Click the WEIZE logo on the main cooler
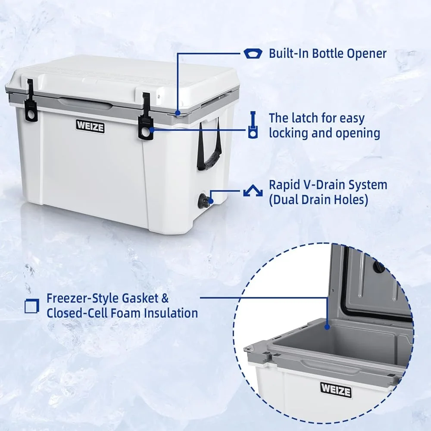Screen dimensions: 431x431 point(90,126)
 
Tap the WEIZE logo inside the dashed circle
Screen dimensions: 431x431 point(336,390)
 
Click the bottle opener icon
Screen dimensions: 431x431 point(253,53)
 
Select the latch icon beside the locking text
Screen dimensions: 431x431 point(253,125)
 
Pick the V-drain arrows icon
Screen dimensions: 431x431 point(253,190)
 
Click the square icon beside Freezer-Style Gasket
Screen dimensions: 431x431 point(32,306)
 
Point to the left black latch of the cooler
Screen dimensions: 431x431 point(31,100)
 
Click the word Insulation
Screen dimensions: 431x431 point(171,313)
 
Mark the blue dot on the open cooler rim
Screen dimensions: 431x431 point(327,327)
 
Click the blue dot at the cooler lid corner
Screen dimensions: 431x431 point(178,112)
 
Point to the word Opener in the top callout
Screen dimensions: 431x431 point(367,54)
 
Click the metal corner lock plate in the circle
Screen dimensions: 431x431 point(249,349)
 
